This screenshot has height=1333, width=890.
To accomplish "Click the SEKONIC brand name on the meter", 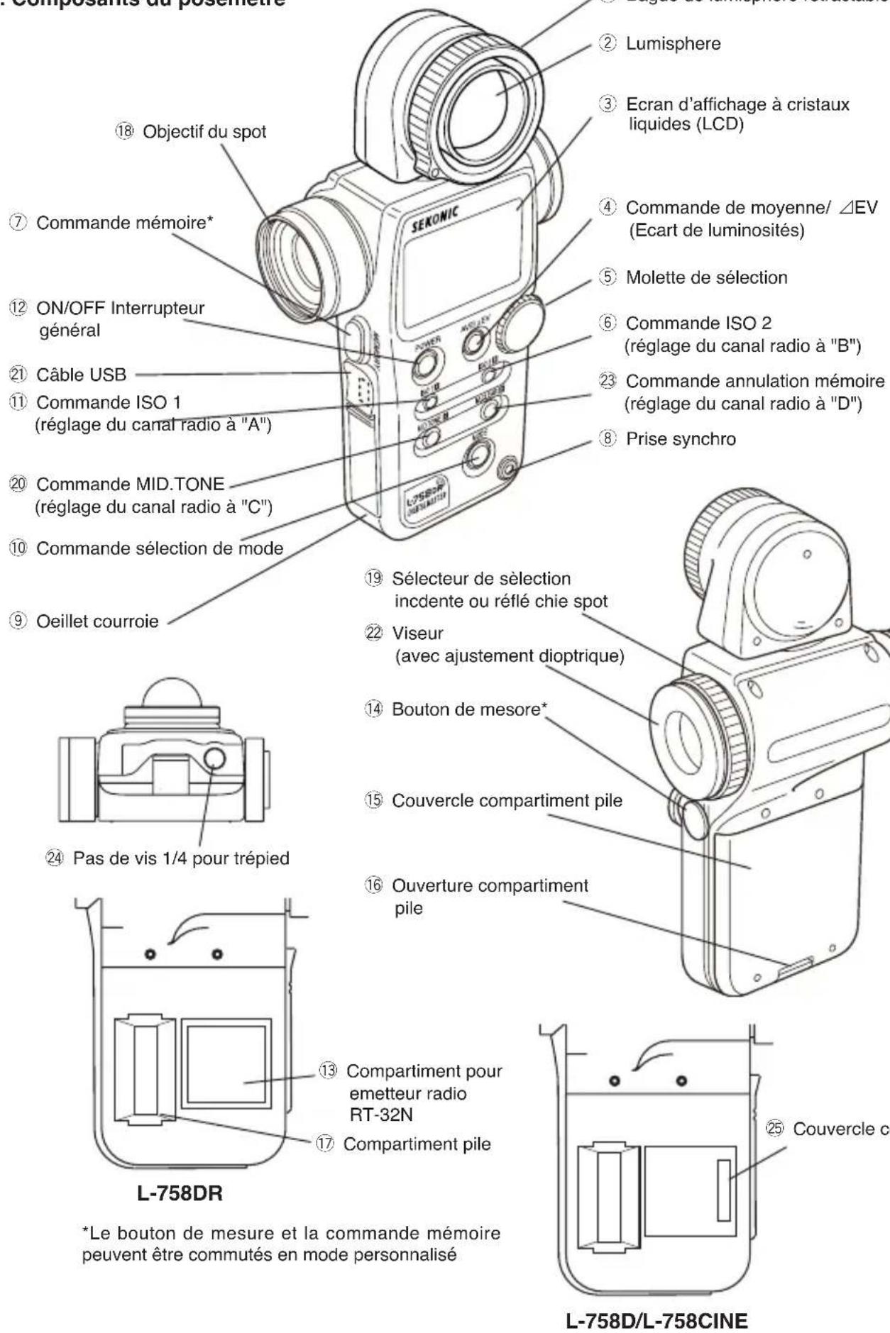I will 434,221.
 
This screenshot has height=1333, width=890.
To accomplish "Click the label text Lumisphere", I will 673,43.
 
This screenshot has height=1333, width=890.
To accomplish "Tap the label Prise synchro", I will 680,439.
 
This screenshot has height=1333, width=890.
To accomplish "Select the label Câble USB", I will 81,375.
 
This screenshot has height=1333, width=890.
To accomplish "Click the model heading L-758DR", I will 180,1193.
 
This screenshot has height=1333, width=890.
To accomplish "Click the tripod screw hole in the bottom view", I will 214,759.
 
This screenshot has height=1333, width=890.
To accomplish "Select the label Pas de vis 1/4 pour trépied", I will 180,858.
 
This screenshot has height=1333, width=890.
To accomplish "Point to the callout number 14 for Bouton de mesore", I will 373,709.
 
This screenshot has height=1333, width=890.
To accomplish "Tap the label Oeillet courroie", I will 97,621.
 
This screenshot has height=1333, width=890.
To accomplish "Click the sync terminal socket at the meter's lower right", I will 506,469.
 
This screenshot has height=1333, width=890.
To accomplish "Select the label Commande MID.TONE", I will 130,485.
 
